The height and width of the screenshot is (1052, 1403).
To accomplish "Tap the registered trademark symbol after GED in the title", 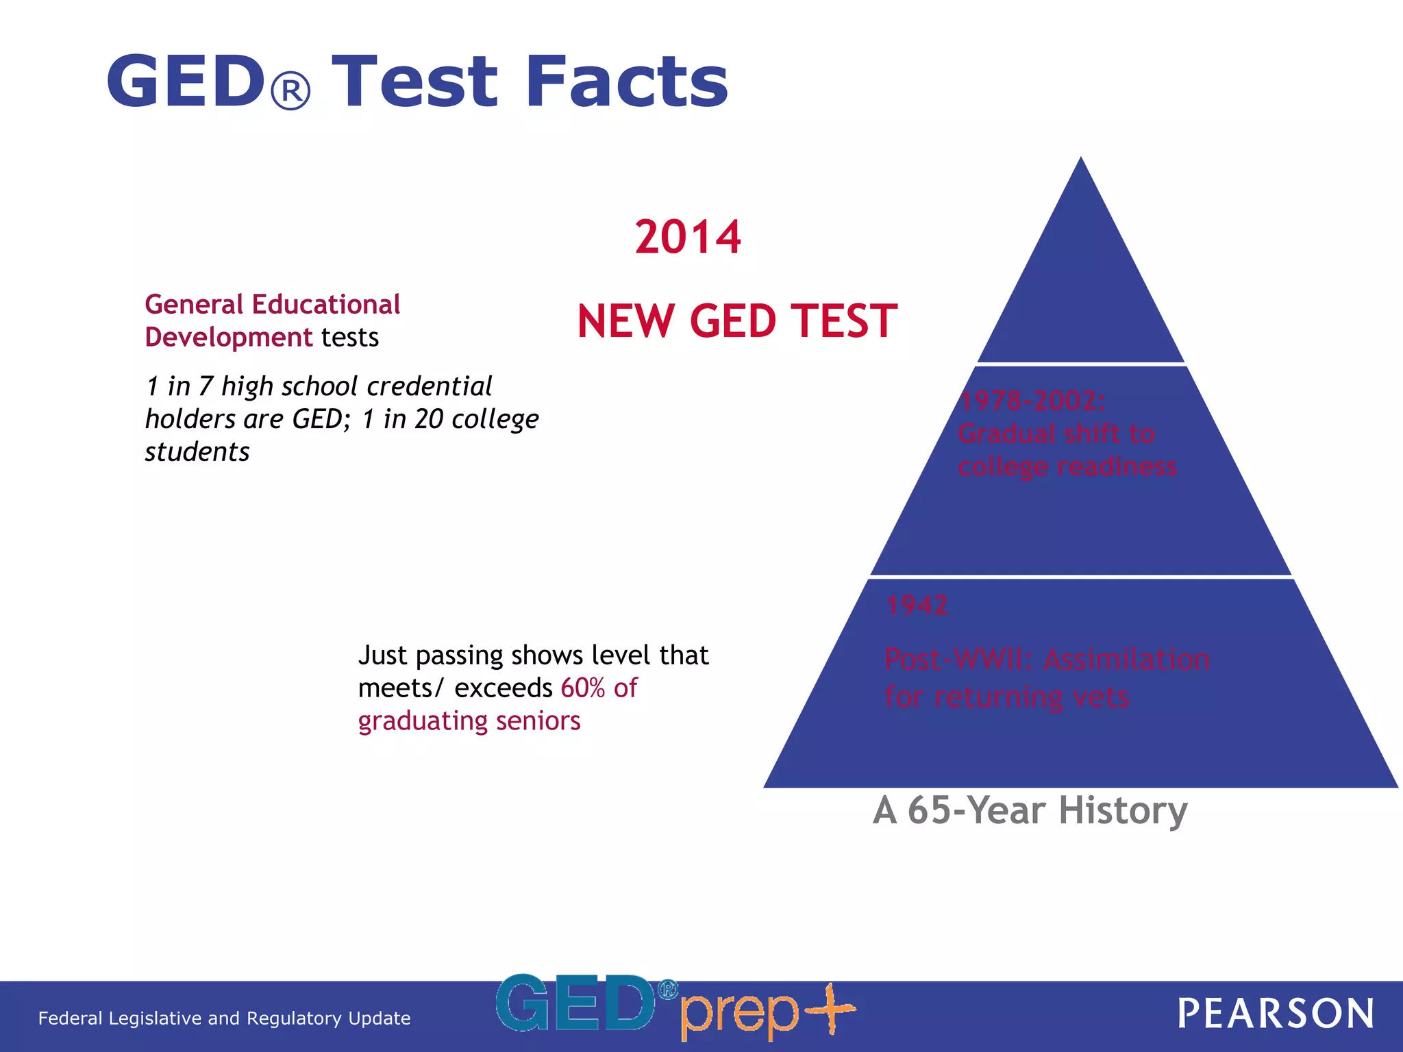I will pyautogui.click(x=291, y=91).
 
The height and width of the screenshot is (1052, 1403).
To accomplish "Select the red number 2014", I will pyautogui.click(x=688, y=237).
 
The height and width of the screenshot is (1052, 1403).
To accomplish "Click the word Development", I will pyautogui.click(x=229, y=337).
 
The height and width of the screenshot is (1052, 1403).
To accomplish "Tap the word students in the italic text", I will pyautogui.click(x=197, y=452).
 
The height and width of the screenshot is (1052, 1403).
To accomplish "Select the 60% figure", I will pyautogui.click(x=583, y=688).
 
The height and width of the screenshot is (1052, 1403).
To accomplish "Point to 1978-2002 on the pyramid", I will pyautogui.click(x=1032, y=401).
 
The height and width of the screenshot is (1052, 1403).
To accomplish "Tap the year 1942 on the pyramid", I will pyautogui.click(x=917, y=605).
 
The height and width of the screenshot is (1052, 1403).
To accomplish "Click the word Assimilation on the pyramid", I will pyautogui.click(x=1126, y=659).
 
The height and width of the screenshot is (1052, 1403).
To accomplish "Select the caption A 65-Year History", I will pyautogui.click(x=1030, y=810).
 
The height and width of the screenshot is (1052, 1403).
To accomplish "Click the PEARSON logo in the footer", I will pyautogui.click(x=1275, y=1014).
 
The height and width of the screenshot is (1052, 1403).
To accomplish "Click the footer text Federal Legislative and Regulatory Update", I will pyautogui.click(x=224, y=1018).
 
